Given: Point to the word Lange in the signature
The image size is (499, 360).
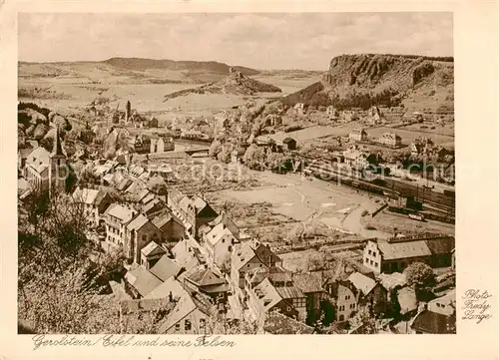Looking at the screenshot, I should point(477,318).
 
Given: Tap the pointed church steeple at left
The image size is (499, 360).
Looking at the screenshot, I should point(57,148).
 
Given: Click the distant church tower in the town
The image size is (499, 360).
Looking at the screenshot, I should point(128,109).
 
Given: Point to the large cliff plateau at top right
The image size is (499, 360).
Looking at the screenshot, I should point(383,73).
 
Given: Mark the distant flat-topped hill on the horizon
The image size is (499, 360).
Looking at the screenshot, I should point(165,65).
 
